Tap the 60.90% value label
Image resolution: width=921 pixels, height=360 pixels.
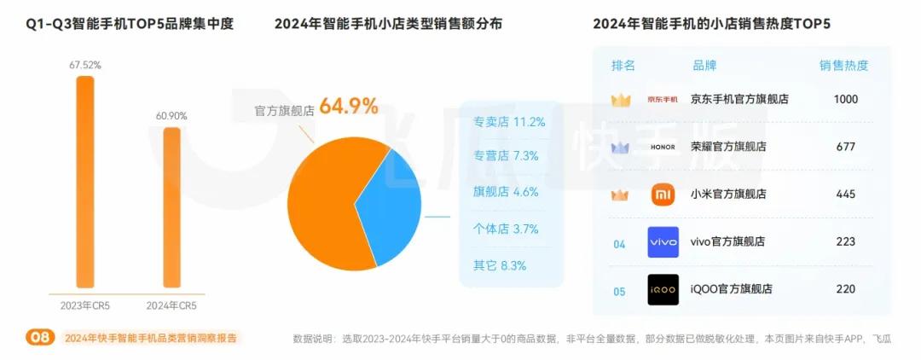click(171, 115)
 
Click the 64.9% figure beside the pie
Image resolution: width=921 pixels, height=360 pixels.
click(349, 107)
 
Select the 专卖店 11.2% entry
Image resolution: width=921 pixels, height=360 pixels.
click(509, 122)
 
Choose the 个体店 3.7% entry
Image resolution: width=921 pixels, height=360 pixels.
click(506, 229)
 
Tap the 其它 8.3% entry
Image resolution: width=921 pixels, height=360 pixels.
click(500, 265)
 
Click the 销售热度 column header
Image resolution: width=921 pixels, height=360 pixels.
click(844, 66)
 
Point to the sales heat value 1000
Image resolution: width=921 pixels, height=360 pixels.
click(845, 99)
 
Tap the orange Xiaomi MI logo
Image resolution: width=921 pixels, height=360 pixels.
click(663, 195)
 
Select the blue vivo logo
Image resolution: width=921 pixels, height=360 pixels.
click(663, 242)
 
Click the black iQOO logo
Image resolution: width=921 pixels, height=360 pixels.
click(663, 289)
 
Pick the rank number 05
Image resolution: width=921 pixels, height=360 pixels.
click(619, 291)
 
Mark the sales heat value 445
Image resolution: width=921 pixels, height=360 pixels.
click(845, 195)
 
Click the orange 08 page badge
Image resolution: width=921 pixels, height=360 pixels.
click(40, 338)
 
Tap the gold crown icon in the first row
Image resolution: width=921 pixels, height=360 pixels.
click(620, 100)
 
